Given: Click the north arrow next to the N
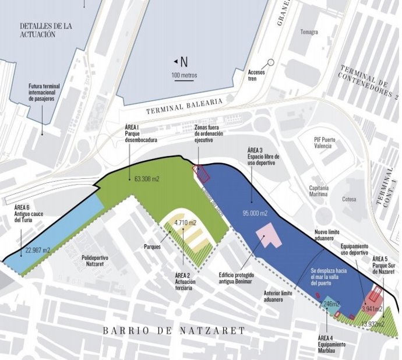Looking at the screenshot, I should (x=175, y=61).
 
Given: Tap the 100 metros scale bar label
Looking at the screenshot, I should (x=184, y=75).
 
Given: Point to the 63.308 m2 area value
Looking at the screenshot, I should (x=146, y=179).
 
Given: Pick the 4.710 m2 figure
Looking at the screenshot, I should (x=185, y=223).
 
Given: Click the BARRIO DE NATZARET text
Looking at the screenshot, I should (x=174, y=331).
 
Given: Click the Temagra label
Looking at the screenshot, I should (x=309, y=31).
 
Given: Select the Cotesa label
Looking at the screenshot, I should (x=350, y=199).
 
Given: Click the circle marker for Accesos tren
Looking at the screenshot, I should (x=270, y=62).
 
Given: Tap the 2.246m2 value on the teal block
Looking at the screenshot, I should (x=330, y=304).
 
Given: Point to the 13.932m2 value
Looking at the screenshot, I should (x=372, y=324).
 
